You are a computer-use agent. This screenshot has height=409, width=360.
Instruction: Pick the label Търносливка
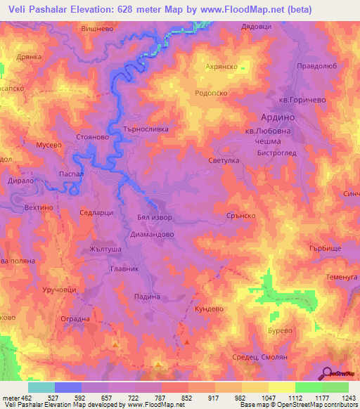[x=146, y=130]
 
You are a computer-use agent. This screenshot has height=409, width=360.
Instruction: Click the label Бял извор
[x=153, y=219]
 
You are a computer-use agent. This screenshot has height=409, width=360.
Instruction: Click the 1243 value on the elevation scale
[x=346, y=398]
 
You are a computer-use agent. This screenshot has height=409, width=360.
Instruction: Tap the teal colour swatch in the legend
[x=41, y=387]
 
